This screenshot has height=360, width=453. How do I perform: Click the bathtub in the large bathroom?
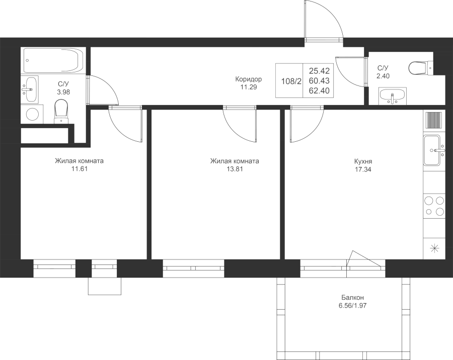tap(53, 60)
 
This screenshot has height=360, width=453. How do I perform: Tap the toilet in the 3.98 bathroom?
tap(61, 111)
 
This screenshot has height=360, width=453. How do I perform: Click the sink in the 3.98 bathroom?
tap(30, 89)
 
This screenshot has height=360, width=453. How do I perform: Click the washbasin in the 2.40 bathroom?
tap(393, 96)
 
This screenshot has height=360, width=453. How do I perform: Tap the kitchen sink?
tap(433, 150)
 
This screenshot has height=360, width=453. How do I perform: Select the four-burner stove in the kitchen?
tap(434, 206)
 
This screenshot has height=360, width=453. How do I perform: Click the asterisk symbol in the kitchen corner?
tap(434, 248)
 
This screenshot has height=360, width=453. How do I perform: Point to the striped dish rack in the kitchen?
tap(434, 120)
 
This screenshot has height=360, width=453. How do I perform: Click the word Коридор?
tap(249, 79)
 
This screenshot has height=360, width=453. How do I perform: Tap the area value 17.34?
tap(363, 169)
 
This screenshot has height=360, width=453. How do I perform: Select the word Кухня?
tap(363, 161)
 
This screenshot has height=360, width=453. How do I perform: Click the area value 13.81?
tap(235, 169)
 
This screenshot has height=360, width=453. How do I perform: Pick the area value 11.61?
tap(80, 169)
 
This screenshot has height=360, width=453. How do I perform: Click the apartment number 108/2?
tap(291, 81)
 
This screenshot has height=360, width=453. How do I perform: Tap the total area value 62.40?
tap(319, 91)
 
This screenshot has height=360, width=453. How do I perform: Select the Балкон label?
tap(352, 298)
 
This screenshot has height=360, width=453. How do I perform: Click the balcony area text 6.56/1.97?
tap(352, 305)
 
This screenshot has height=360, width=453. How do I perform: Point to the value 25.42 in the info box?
tap(319, 71)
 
